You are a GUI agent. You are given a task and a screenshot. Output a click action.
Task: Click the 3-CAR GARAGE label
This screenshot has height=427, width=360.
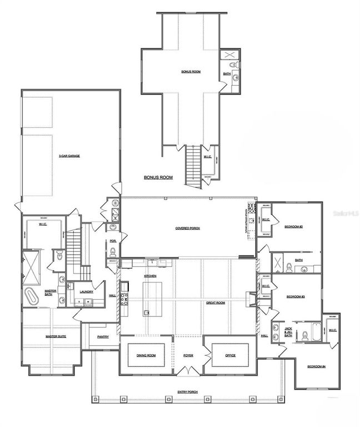[69, 156]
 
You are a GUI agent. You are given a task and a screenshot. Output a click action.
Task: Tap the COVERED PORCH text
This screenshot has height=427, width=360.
[187, 228]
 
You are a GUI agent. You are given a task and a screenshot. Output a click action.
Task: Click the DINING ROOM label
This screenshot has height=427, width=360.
[146, 355]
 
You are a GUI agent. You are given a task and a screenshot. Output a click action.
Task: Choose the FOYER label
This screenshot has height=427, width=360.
[188, 355]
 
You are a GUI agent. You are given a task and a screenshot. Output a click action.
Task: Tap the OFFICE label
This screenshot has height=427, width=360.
[231, 355]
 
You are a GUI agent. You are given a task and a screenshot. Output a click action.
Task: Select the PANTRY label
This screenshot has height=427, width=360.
[102, 337]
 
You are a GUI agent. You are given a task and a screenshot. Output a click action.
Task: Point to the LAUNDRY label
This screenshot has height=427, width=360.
[86, 291]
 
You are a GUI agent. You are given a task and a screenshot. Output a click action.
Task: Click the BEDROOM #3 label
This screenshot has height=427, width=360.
[293, 297]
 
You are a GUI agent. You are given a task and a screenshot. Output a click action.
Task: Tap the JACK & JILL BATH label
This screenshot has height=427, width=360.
[288, 332]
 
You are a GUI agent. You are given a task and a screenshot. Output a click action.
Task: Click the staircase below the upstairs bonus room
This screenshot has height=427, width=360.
[192, 164]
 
